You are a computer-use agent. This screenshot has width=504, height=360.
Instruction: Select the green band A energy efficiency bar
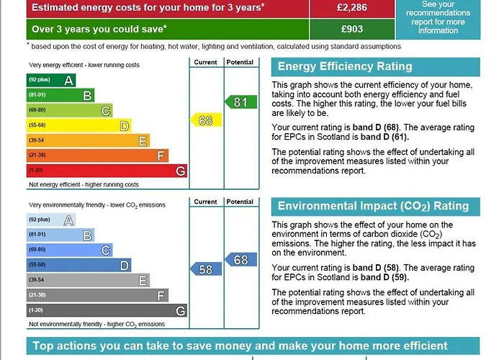50,80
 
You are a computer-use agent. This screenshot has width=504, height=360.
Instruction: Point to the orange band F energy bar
96,156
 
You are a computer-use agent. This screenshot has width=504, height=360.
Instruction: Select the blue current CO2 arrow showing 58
204,269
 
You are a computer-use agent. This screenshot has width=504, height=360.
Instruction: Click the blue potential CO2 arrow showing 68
240,259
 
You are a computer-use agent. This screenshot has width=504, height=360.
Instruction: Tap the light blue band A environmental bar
50,220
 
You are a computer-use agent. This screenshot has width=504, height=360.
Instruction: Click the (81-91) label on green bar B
37,95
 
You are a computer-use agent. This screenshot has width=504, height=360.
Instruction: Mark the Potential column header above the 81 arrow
240,63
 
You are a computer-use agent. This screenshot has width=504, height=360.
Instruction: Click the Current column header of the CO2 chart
205,202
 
